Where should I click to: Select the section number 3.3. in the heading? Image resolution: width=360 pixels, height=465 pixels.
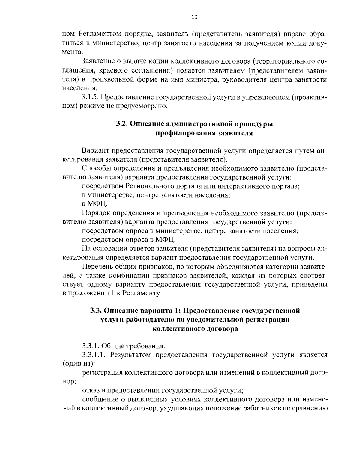pyautogui.click(x=97, y=311)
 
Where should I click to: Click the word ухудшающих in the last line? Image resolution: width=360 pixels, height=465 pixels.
pyautogui.click(x=181, y=408)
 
